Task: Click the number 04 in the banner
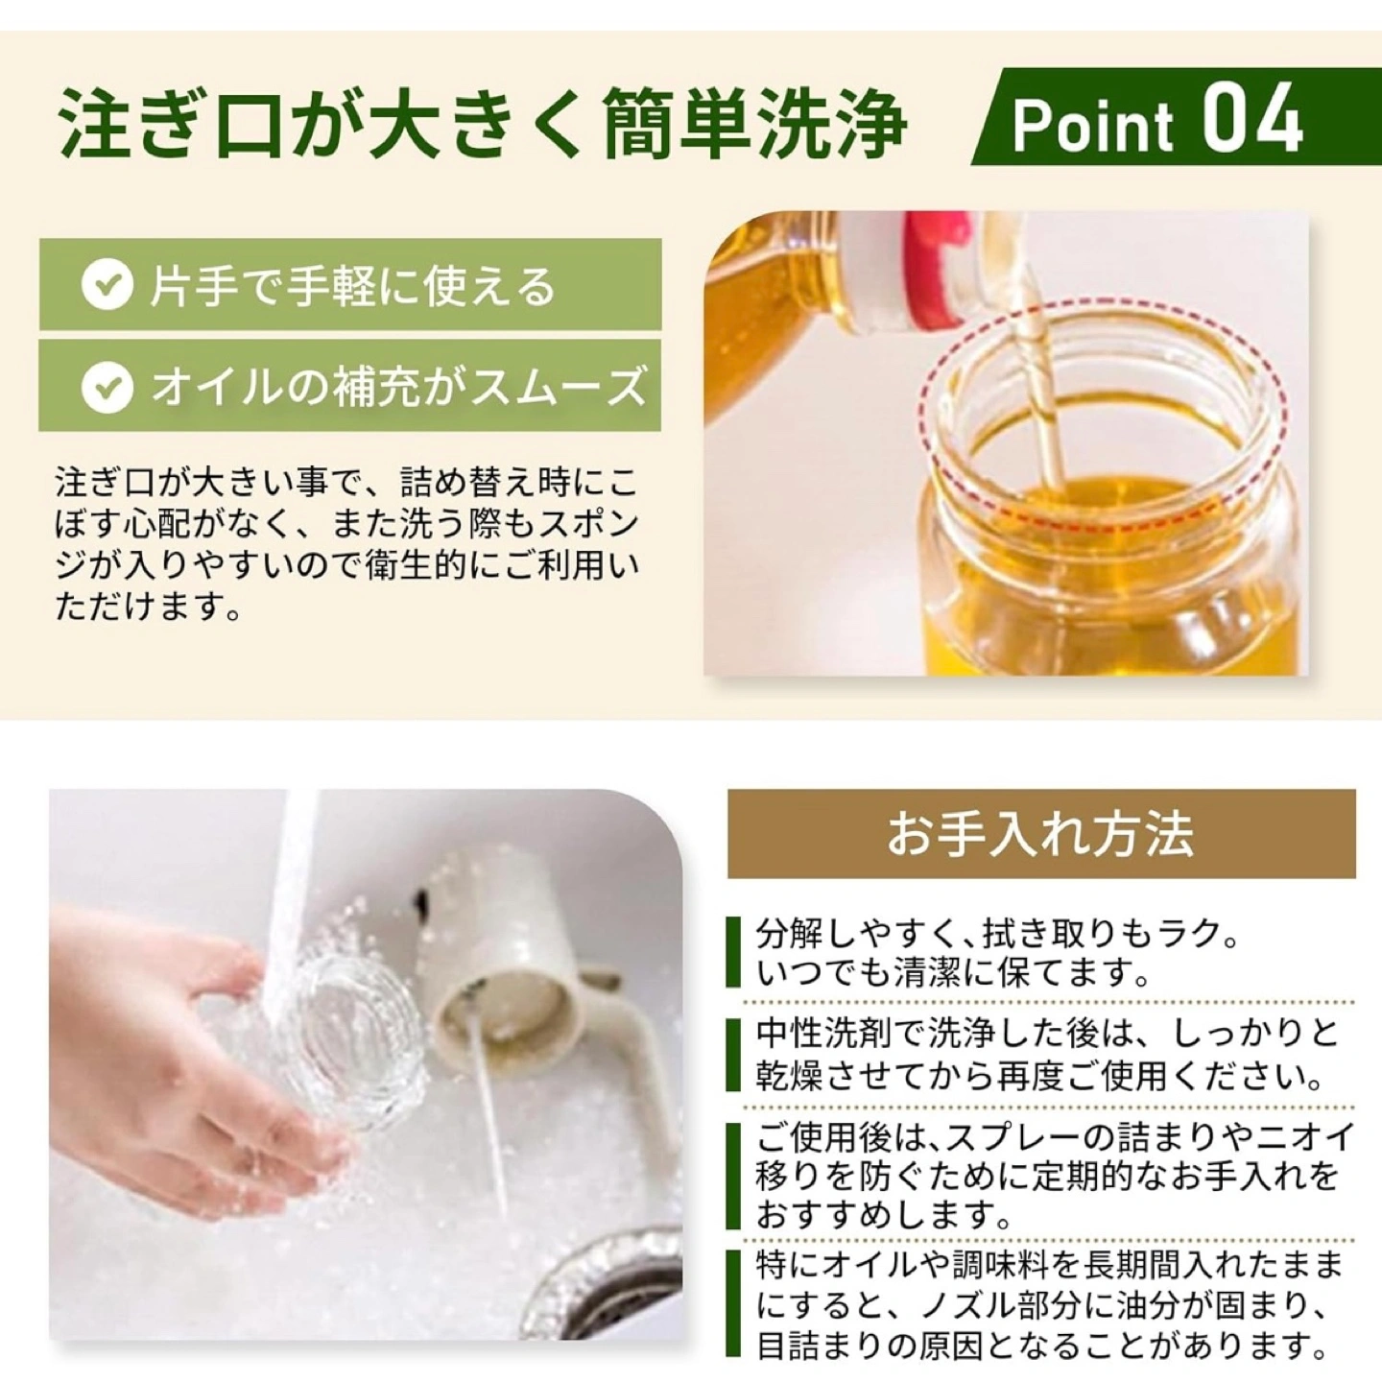(x=1252, y=118)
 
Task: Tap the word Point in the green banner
(x=1093, y=127)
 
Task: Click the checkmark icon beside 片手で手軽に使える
(x=107, y=285)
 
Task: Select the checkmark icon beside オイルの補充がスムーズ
(x=107, y=386)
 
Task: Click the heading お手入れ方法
(x=1040, y=834)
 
